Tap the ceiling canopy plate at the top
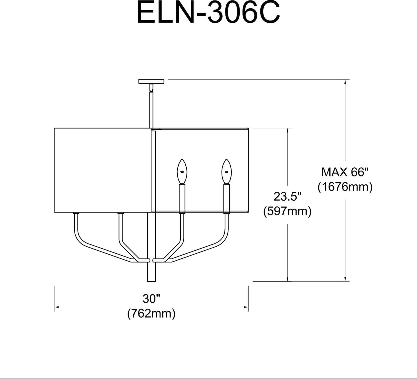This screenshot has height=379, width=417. click(x=151, y=81)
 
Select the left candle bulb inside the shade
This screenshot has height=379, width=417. click(x=182, y=172)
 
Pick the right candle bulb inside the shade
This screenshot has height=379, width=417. click(x=227, y=172)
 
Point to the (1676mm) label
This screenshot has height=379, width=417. click(x=345, y=187)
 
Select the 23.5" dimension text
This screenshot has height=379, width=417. click(x=287, y=196)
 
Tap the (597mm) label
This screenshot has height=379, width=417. click(x=287, y=211)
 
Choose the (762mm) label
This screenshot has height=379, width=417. click(x=151, y=313)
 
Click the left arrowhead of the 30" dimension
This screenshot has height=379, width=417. click(x=56, y=307)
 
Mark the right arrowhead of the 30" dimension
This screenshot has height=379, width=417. click(x=246, y=307)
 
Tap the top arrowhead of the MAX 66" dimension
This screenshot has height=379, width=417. click(x=345, y=82)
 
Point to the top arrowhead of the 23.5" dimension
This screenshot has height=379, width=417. click(x=287, y=131)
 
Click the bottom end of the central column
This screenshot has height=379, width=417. click(x=151, y=281)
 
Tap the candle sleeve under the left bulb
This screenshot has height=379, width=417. click(x=182, y=198)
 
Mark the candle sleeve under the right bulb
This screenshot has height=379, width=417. click(x=227, y=198)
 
